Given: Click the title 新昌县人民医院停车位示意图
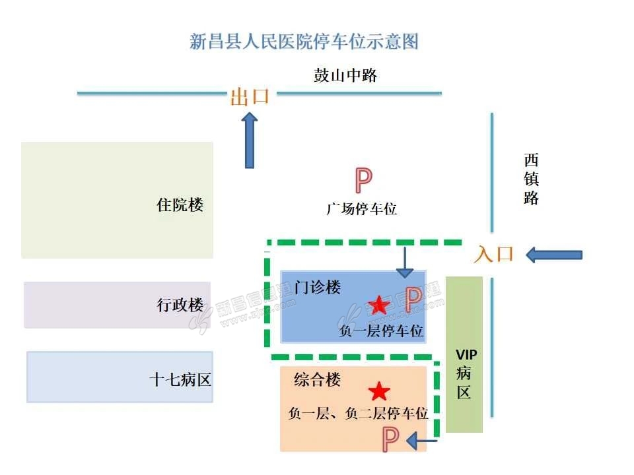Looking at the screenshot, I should [304, 42].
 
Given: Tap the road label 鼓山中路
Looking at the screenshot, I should [345, 75].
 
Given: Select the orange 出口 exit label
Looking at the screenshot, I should [250, 97].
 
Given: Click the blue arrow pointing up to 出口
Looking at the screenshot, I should [250, 140].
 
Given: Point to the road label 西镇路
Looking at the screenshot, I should [532, 179].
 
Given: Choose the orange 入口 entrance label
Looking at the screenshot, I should [494, 255].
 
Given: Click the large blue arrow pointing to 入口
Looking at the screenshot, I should [554, 255].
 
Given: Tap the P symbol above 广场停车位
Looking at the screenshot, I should [363, 179].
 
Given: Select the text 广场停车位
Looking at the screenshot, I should [362, 209].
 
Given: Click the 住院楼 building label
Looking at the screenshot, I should [180, 205].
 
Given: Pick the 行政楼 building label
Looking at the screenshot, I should [180, 305].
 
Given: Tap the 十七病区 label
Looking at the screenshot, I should [180, 380].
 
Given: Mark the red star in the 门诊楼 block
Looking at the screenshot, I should [379, 305].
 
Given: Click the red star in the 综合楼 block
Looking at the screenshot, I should [379, 392].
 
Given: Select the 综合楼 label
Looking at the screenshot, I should [318, 380].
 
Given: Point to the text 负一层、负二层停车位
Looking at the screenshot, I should [359, 414].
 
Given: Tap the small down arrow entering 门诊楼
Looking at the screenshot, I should [404, 263].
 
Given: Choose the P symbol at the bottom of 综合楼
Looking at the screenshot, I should [391, 439].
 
